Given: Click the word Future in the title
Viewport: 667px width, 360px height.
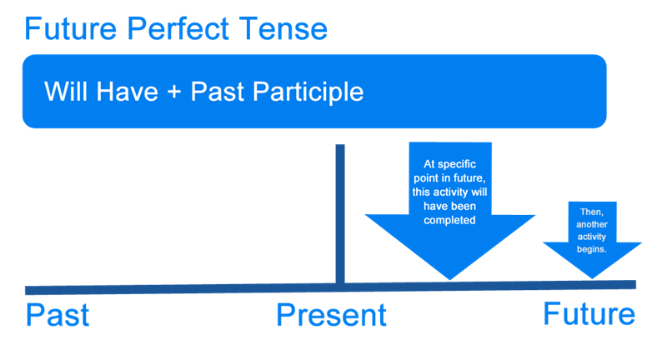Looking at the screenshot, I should [68, 31].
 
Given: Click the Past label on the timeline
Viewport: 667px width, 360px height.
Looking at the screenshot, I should [58, 317].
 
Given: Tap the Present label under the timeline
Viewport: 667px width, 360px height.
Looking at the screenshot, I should [332, 316].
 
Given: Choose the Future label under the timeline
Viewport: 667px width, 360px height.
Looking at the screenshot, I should [589, 314].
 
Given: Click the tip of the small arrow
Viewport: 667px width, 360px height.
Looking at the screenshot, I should [593, 277].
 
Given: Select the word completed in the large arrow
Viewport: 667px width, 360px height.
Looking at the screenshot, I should [450, 221].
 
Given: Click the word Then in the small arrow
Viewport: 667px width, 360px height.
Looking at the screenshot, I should [591, 212].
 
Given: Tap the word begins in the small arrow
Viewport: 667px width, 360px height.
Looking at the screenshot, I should [593, 249].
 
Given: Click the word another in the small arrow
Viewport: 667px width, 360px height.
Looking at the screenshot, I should [593, 224].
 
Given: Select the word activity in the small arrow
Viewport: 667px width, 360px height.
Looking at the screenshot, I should [593, 237].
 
